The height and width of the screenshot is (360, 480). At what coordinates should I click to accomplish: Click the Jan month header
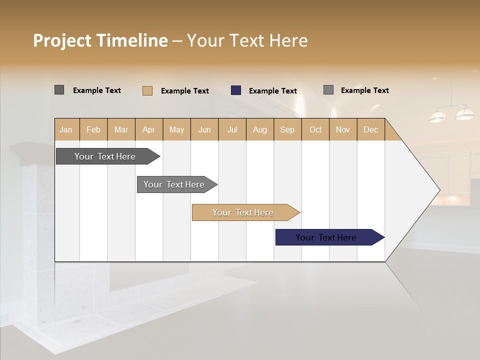(x=66, y=129)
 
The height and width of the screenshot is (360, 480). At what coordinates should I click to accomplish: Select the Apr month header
(x=149, y=129)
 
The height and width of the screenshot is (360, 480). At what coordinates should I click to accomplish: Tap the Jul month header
(x=232, y=129)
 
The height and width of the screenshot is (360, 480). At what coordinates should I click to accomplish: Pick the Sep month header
(x=287, y=129)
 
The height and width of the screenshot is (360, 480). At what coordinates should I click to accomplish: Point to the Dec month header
(x=370, y=129)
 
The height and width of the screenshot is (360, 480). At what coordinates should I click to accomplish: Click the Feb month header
(x=93, y=129)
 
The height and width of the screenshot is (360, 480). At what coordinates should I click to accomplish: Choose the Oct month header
(x=315, y=129)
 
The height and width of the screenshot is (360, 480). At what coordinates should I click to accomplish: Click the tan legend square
(x=147, y=90)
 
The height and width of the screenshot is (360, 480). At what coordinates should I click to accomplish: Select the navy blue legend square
(x=236, y=90)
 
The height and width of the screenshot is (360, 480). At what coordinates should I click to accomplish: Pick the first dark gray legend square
(x=59, y=90)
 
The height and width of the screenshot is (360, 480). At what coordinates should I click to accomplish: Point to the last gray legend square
(x=328, y=90)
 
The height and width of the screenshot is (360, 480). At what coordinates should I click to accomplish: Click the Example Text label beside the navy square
(x=272, y=91)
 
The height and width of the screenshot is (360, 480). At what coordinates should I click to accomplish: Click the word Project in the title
(x=62, y=40)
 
